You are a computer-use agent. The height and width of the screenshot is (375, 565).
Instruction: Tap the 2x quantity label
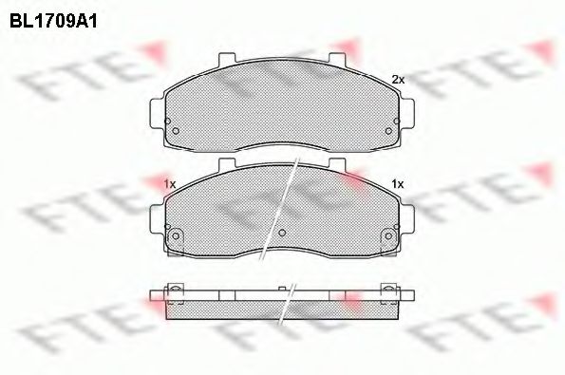coord(398,80)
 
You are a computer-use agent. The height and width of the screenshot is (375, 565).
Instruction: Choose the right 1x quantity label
coord(398,183)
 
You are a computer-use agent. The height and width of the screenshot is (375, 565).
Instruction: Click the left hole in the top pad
coord(173,131)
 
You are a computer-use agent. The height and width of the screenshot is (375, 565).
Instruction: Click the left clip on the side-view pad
coord(176,291)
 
